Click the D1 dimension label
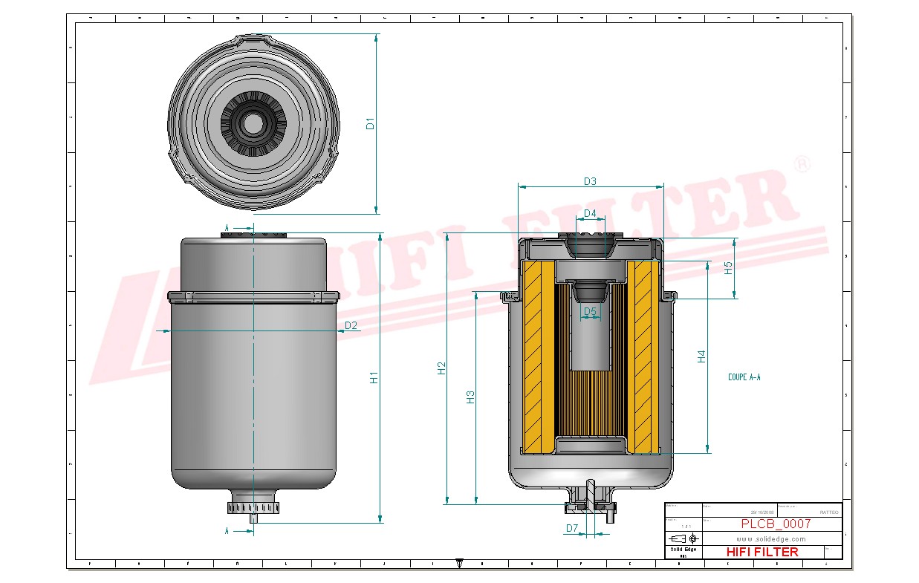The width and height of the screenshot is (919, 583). pyautogui.click(x=370, y=123)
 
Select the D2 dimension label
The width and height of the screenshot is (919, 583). pyautogui.click(x=351, y=325)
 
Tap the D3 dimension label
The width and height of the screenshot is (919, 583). pyautogui.click(x=590, y=181)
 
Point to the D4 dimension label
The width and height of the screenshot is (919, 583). pyautogui.click(x=590, y=214)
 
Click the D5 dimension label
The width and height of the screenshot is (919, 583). pyautogui.click(x=590, y=311)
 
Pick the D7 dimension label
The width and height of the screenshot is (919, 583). pyautogui.click(x=571, y=528)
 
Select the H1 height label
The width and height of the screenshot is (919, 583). pyautogui.click(x=374, y=377)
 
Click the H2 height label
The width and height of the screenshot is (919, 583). pyautogui.click(x=441, y=368)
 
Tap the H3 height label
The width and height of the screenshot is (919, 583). pyautogui.click(x=470, y=397)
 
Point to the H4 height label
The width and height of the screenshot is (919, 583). pyautogui.click(x=701, y=356)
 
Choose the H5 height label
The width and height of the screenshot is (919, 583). pyautogui.click(x=729, y=268)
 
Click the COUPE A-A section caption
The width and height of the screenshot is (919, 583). pyautogui.click(x=744, y=377)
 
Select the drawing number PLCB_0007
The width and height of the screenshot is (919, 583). pyautogui.click(x=776, y=524)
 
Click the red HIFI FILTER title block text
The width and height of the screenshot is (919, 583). pyautogui.click(x=761, y=552)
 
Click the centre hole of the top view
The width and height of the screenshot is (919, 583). pyautogui.click(x=253, y=124)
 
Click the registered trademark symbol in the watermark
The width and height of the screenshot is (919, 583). pyautogui.click(x=802, y=165)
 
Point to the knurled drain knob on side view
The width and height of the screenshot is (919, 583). pyautogui.click(x=253, y=508)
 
